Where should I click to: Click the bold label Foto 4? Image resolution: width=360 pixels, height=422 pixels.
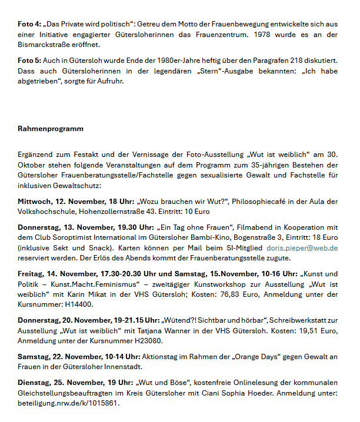click(x=29, y=25)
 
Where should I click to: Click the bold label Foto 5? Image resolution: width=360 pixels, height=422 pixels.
click(x=29, y=61)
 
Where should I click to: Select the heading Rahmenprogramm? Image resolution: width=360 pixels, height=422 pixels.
click(x=51, y=128)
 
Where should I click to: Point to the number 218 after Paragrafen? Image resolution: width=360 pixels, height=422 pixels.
click(x=290, y=61)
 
